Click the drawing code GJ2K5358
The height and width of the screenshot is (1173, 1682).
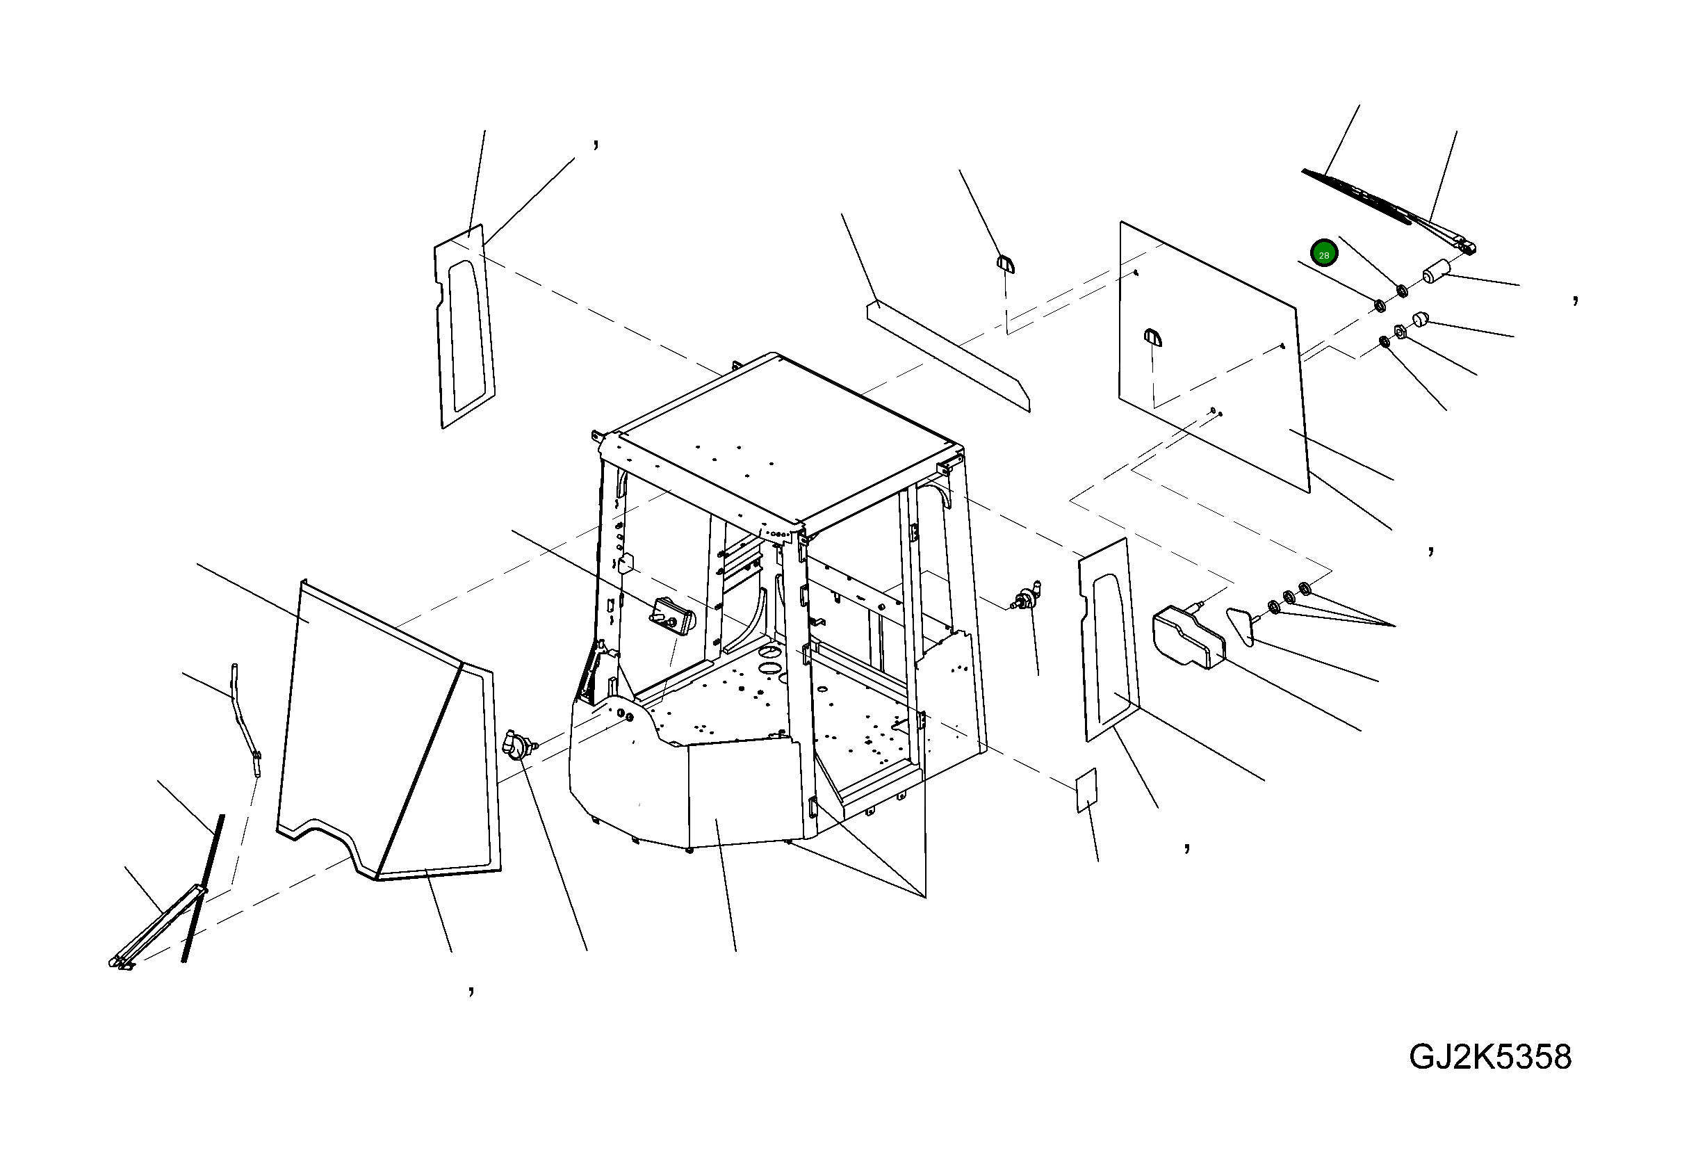[x=1490, y=1058]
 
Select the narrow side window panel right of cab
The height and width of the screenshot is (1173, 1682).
[x=1109, y=640]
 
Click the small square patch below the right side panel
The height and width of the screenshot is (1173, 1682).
[x=1086, y=791]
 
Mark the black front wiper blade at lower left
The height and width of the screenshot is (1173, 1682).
[x=203, y=888]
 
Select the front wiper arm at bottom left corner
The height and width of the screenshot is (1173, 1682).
[x=158, y=928]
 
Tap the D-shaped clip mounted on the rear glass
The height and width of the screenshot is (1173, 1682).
[x=1152, y=337]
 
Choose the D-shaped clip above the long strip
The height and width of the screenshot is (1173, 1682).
[x=1004, y=263]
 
